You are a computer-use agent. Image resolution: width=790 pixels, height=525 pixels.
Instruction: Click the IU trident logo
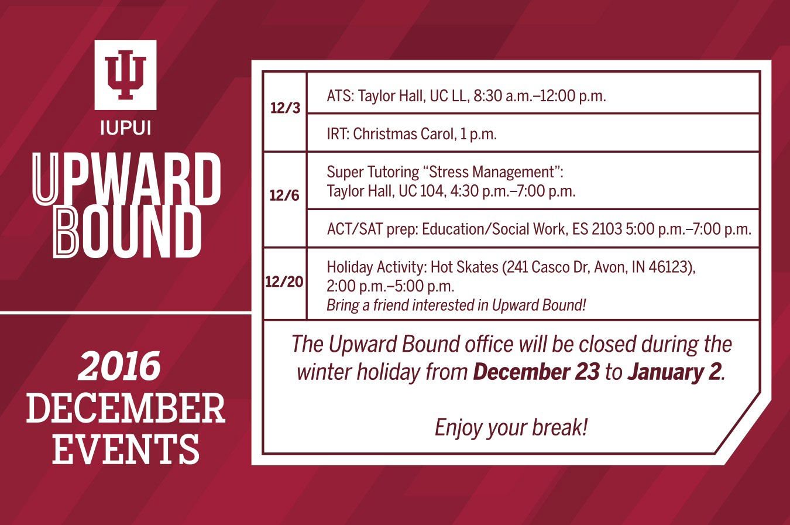point(125,75)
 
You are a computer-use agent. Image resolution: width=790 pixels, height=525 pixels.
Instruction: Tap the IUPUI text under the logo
point(126,128)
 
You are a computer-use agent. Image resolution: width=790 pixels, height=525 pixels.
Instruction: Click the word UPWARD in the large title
point(126,179)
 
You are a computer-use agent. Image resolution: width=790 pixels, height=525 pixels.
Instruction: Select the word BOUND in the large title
point(127,232)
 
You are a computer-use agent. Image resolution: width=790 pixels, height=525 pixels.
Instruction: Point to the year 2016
point(119,366)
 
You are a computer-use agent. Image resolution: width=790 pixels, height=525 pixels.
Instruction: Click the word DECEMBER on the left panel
point(126,408)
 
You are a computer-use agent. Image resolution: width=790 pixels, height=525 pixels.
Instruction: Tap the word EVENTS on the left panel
point(126,449)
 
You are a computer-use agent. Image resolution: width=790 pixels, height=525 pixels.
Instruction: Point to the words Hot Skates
point(465,267)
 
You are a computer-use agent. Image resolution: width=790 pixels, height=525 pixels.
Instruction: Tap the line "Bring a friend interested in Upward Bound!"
point(456,305)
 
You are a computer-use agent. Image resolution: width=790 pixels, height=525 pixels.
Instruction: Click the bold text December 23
point(536,372)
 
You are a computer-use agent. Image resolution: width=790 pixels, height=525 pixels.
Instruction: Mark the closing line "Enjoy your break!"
point(511,428)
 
